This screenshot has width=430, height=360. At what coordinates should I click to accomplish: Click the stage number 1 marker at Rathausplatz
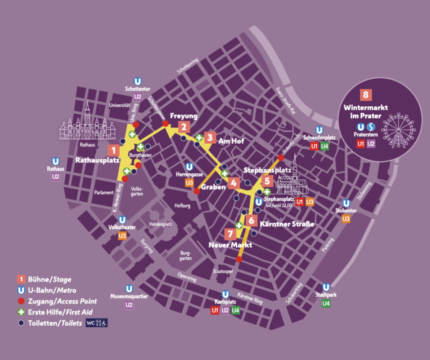(114, 150)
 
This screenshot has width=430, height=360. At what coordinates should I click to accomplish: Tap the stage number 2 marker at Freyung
(184, 126)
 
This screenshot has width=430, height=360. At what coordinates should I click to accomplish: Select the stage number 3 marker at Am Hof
(210, 138)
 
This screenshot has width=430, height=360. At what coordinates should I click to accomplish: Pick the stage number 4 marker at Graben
(234, 183)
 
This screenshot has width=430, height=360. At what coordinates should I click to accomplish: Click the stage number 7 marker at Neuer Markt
(230, 234)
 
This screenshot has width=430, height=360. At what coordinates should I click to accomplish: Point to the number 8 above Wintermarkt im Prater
(366, 95)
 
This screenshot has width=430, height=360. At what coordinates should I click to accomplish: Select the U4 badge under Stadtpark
(326, 304)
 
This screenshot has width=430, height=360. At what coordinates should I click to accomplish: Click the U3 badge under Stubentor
(346, 219)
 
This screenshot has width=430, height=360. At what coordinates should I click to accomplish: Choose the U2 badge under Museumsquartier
(129, 305)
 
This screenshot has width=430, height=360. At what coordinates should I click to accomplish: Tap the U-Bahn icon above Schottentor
(138, 79)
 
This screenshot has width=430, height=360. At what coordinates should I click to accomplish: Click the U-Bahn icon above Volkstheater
(122, 218)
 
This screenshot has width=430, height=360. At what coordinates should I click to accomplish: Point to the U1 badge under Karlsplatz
(215, 310)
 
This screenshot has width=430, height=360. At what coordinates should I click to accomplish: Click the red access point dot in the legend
(21, 301)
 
